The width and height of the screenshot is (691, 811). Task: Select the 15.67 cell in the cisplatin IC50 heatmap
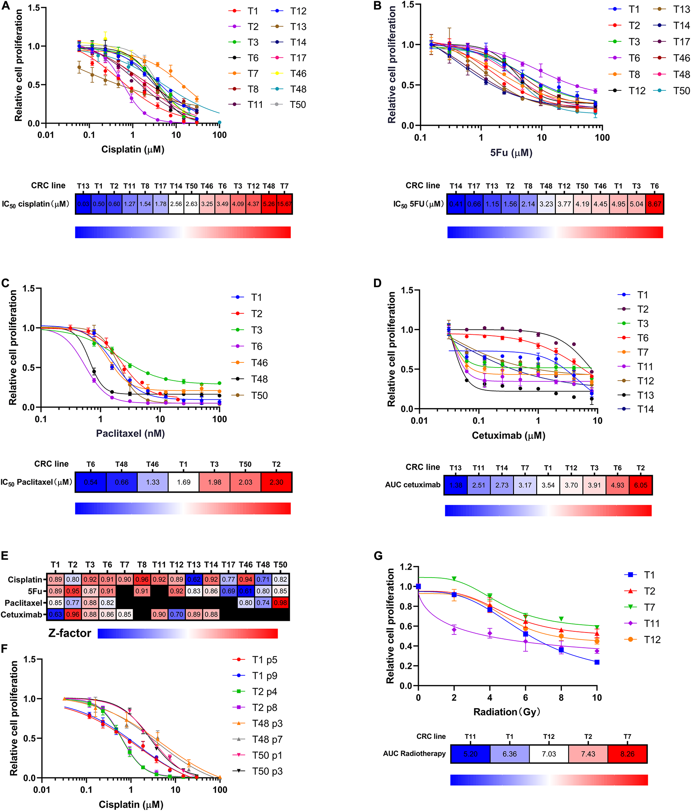point(284,204)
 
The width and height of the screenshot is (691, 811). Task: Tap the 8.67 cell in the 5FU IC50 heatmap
point(654,204)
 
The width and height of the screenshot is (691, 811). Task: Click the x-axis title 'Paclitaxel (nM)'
point(131,433)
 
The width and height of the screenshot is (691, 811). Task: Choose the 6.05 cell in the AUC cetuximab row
point(640,485)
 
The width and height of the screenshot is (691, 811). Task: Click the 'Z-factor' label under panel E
point(70,633)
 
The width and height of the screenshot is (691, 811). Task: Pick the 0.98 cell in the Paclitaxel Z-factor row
point(280,603)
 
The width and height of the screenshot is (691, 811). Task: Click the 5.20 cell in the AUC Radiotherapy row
point(470,754)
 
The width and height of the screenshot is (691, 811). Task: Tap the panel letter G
point(378,555)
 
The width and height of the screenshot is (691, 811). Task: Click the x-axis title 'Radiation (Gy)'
point(507,712)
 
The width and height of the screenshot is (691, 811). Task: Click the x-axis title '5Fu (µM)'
point(511,153)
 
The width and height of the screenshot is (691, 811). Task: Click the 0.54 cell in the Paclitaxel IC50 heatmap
point(90,482)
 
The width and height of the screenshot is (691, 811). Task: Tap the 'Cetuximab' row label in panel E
point(21,615)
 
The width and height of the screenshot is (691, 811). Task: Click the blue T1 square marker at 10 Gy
point(597,662)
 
